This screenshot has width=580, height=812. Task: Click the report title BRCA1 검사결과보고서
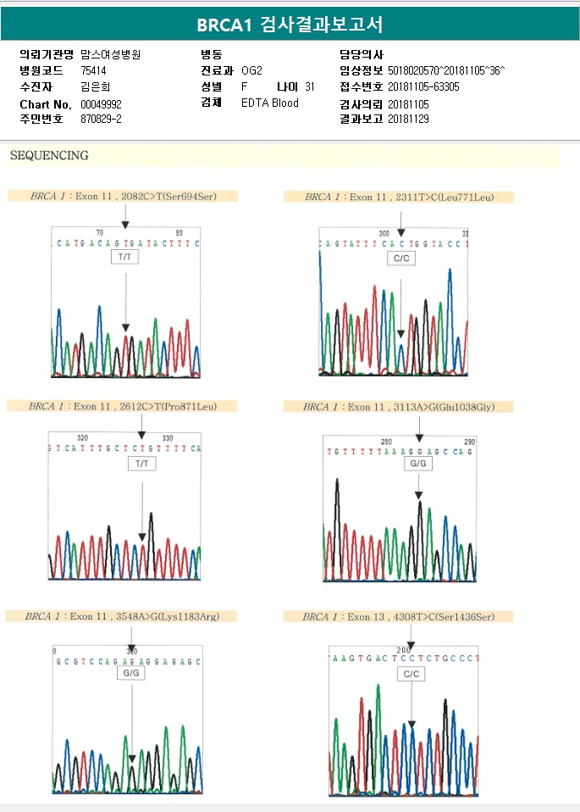tap(290, 24)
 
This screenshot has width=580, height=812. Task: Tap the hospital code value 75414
tap(94, 70)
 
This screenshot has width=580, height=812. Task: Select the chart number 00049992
tap(101, 103)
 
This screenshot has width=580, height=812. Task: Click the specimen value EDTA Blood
tap(269, 103)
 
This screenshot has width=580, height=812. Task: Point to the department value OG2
tap(251, 70)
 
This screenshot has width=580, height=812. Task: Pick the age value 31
tap(309, 86)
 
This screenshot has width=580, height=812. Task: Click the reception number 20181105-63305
tap(423, 86)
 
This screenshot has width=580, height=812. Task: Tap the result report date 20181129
tap(408, 120)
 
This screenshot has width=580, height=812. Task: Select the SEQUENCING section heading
tap(49, 156)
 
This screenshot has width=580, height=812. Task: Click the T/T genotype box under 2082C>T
tap(124, 255)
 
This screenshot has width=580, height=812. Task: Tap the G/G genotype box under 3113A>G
tap(418, 464)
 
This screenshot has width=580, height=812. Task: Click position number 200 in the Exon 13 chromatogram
tap(402, 649)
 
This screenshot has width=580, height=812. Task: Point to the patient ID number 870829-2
tap(101, 120)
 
